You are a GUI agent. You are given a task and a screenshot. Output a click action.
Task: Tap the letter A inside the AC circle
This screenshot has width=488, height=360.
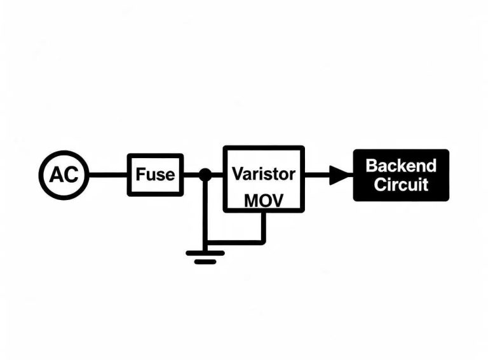tap(57, 175)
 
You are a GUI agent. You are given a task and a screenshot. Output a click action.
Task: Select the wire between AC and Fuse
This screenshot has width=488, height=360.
tap(108, 175)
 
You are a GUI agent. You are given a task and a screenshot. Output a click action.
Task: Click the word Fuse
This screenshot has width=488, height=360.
tap(156, 175)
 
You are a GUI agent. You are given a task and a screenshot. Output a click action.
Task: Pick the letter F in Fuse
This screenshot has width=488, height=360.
tap(141, 175)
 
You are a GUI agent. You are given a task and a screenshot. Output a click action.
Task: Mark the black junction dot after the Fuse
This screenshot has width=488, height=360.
tap(205, 175)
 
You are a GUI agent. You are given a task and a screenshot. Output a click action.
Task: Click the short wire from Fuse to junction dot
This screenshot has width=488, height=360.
tap(192, 175)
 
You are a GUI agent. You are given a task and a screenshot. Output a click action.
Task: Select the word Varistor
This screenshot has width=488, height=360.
tap(263, 173)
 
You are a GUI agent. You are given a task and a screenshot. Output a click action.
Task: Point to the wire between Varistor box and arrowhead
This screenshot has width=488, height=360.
tap(316, 175)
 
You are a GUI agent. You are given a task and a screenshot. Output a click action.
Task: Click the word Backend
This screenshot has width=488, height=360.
tap(401, 166)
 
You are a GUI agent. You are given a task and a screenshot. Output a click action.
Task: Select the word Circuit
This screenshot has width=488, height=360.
tap(401, 185)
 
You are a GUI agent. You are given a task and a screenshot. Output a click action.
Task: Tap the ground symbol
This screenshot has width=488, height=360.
tap(205, 257)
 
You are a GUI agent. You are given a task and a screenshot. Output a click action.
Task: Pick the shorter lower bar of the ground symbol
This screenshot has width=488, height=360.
tap(205, 262)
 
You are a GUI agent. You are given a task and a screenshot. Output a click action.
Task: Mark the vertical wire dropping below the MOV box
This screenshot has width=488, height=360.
tap(263, 227)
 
